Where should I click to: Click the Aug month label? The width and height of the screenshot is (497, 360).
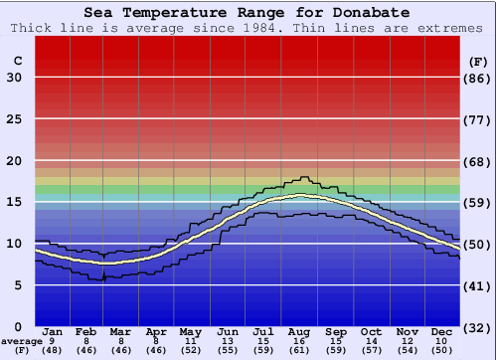(300, 331)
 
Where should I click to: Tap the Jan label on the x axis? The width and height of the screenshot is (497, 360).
(54, 331)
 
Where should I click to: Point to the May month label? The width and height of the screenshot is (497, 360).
(189, 331)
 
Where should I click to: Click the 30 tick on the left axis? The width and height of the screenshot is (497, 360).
(14, 78)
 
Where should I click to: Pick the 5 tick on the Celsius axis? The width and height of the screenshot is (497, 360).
(17, 285)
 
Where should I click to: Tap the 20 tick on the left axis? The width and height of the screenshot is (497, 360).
(14, 161)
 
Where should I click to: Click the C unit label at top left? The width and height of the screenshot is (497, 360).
(17, 61)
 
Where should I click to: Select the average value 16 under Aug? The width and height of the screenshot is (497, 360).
(300, 341)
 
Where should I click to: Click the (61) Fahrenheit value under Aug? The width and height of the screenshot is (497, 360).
(300, 351)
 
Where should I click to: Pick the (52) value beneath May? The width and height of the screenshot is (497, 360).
(189, 351)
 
